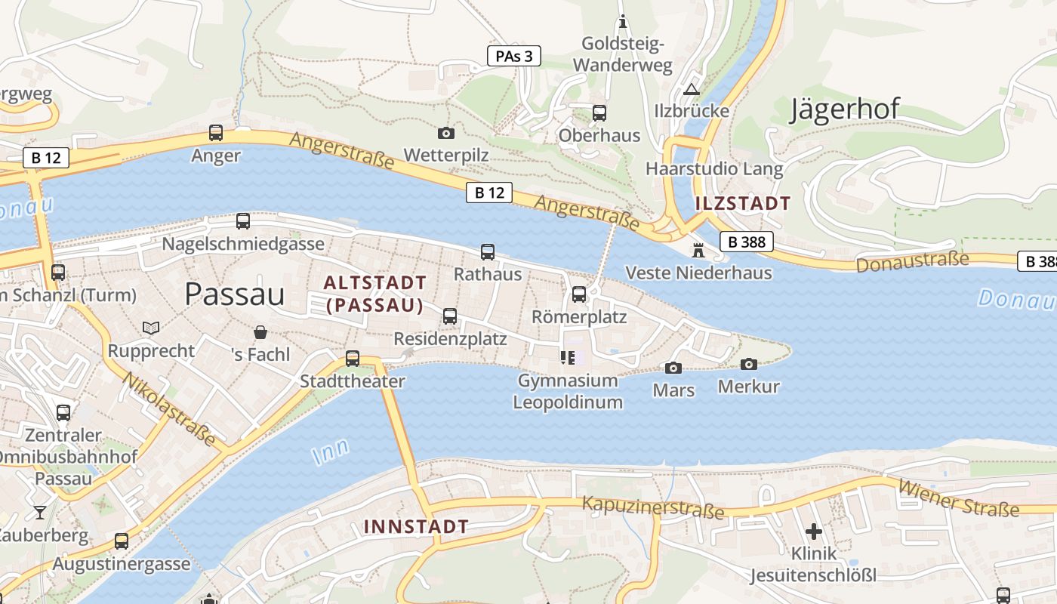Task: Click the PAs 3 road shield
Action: [514, 56]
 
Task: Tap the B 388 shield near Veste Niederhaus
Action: [747, 242]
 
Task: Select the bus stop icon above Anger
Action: [216, 133]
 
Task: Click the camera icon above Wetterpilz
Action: [446, 133]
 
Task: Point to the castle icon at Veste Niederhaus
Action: [698, 250]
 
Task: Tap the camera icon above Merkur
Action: [748, 364]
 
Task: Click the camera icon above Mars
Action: [673, 368]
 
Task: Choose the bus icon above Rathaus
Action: [488, 251]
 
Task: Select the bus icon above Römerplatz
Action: [579, 294]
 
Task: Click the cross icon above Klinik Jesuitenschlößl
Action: [813, 531]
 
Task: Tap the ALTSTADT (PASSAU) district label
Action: [374, 294]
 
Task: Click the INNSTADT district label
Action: [416, 526]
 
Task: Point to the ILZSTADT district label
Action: [742, 202]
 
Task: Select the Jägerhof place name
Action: [845, 109]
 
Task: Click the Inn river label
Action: [331, 451]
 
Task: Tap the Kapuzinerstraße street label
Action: [653, 508]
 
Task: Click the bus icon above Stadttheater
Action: [353, 359]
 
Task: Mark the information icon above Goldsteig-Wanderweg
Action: [623, 21]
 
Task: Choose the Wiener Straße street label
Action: [959, 499]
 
